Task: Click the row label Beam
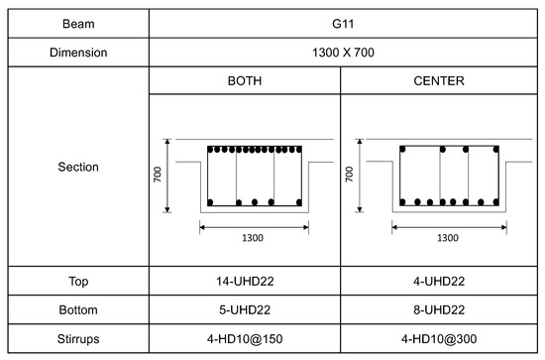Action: click(76, 19)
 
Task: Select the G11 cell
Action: click(340, 19)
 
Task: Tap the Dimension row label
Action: click(76, 53)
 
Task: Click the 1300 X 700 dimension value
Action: click(340, 53)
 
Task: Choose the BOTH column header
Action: click(244, 81)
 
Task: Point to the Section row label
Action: click(76, 168)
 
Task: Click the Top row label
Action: click(76, 281)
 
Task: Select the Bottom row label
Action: click(76, 311)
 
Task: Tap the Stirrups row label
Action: click(76, 342)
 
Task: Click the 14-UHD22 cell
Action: click(244, 281)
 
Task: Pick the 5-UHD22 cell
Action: click(244, 311)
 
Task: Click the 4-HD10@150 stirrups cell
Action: click(244, 342)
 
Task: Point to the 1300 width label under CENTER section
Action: click(447, 238)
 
